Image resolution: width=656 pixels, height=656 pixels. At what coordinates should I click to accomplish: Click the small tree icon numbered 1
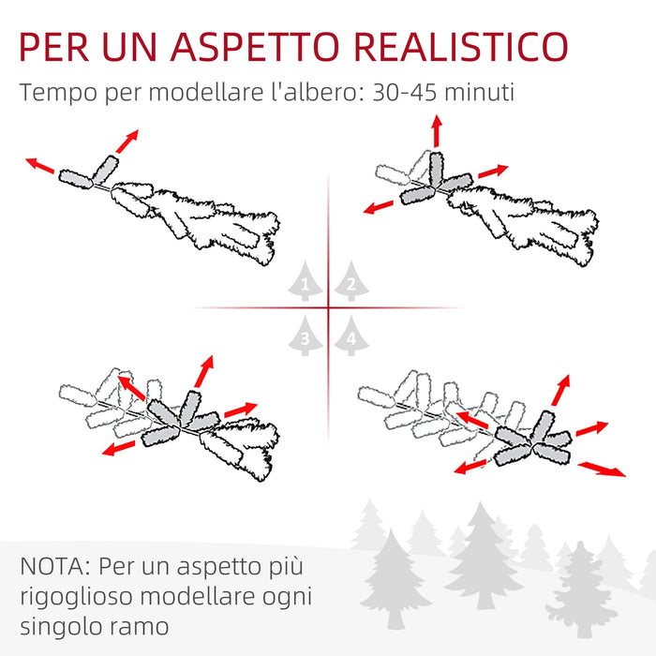click(x=305, y=282)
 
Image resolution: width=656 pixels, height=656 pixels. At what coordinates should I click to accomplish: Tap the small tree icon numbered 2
click(x=350, y=282)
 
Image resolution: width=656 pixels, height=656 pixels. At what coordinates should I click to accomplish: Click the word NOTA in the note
click(x=53, y=568)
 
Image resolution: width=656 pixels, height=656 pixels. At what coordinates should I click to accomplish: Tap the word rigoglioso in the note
click(x=82, y=597)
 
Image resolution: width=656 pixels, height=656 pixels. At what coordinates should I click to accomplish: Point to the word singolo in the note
click(x=59, y=626)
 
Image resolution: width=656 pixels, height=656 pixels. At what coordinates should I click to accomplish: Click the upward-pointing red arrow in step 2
click(x=436, y=132)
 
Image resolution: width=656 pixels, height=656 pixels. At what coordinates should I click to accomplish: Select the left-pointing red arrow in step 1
click(x=40, y=166)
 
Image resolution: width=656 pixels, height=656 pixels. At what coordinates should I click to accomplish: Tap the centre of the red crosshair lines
click(x=329, y=307)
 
